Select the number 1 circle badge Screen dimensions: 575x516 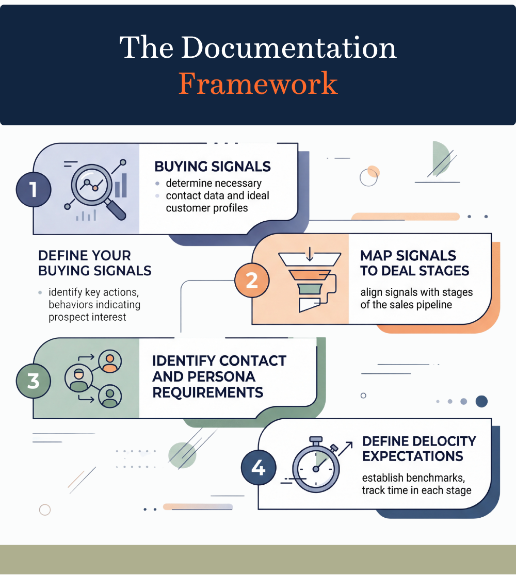(34, 189)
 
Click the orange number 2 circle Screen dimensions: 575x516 (251, 280)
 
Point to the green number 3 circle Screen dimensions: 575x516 (34, 381)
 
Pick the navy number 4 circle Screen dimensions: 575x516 (258, 468)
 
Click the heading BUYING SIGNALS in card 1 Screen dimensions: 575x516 (213, 167)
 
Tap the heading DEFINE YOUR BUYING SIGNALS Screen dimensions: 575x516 (94, 263)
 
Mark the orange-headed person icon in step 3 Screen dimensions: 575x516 (109, 361)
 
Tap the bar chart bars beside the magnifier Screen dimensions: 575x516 (121, 186)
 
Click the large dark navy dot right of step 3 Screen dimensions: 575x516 (481, 401)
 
